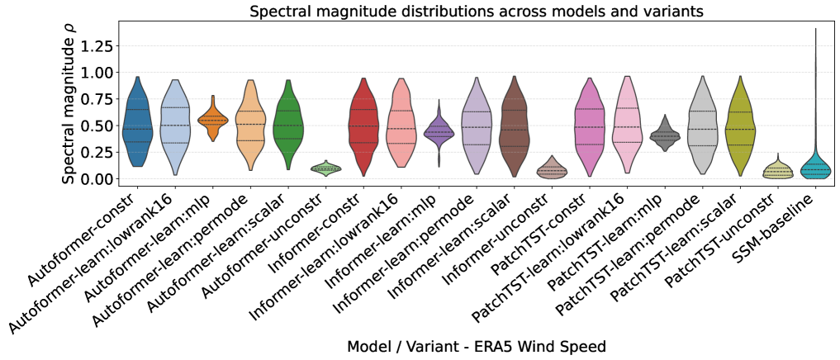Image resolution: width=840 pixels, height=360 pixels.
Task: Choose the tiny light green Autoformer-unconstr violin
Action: (x=326, y=168)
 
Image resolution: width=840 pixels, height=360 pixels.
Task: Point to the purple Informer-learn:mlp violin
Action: (x=439, y=131)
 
